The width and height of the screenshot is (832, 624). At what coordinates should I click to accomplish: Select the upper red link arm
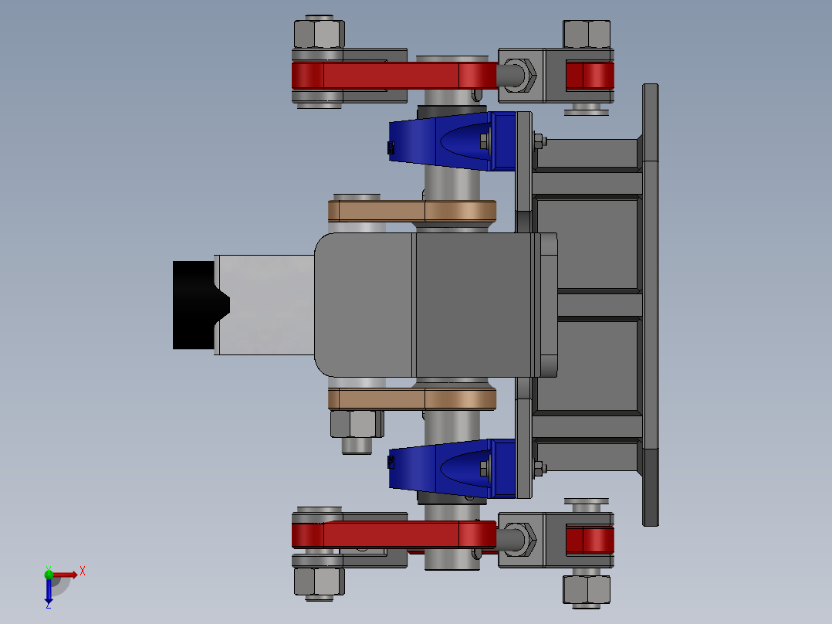[394, 76]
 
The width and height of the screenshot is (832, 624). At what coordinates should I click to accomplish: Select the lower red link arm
[394, 534]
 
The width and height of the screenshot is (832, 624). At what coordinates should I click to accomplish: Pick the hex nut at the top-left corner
[318, 34]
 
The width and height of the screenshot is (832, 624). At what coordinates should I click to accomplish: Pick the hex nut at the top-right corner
[587, 35]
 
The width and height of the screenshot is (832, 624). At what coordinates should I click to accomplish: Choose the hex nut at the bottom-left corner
[318, 582]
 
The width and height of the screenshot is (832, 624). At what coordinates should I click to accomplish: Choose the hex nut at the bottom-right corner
[587, 590]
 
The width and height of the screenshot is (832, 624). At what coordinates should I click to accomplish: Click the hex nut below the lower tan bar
[353, 423]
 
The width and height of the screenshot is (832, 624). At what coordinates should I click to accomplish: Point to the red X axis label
[83, 571]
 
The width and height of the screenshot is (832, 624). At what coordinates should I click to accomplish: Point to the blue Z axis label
[48, 605]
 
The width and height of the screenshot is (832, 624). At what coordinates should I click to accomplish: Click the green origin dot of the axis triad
[49, 574]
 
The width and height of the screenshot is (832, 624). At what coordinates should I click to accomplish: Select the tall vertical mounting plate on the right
[651, 305]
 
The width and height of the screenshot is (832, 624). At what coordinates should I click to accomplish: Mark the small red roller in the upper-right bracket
[590, 76]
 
